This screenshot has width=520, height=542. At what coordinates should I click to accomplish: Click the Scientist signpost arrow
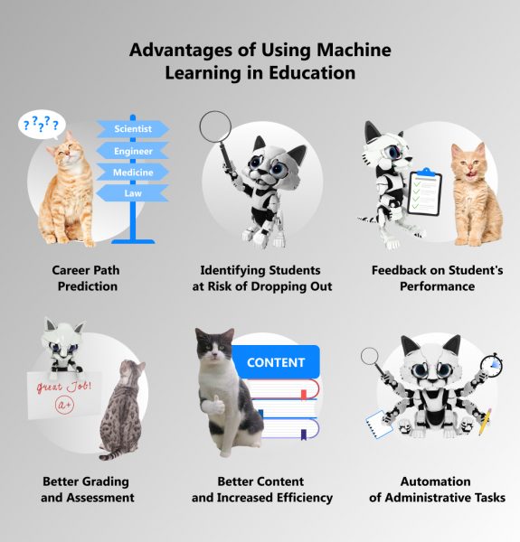point(133,129)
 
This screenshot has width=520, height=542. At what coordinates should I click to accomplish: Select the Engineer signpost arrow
point(133,151)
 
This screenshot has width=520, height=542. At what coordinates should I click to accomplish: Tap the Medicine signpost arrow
point(133,173)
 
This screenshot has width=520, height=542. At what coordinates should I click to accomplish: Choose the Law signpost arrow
point(133,193)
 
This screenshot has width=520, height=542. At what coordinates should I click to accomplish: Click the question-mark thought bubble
point(42,125)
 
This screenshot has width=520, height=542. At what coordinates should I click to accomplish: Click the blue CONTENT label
point(276,362)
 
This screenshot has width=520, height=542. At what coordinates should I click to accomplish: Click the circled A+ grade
point(65,404)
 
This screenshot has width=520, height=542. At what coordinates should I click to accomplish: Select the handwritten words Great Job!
point(64,386)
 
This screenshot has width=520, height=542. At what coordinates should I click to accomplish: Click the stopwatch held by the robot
point(492,365)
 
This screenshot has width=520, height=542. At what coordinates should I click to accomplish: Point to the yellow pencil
point(485,422)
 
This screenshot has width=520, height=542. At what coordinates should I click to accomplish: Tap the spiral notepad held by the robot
point(379,425)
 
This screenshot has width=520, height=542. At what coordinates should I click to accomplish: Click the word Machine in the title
point(354,50)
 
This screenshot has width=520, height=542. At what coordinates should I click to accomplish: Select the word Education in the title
point(312,72)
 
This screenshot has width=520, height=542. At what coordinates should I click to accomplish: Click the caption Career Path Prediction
point(87,278)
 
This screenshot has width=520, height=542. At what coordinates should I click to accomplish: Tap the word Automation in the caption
point(435,481)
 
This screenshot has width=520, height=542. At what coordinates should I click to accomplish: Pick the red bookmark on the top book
point(304,394)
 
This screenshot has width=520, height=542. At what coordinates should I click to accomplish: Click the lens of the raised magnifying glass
point(215,126)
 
